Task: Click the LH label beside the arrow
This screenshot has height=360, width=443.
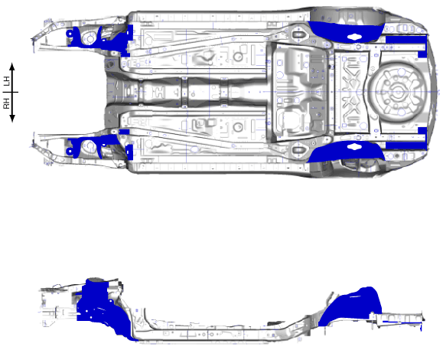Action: tap(6, 81)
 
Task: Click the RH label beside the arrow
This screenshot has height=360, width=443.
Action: tap(6, 103)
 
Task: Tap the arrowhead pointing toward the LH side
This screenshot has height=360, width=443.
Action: tap(12, 67)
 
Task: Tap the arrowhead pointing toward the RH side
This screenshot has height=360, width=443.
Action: tap(12, 119)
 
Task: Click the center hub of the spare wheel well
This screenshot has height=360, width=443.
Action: tap(398, 92)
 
